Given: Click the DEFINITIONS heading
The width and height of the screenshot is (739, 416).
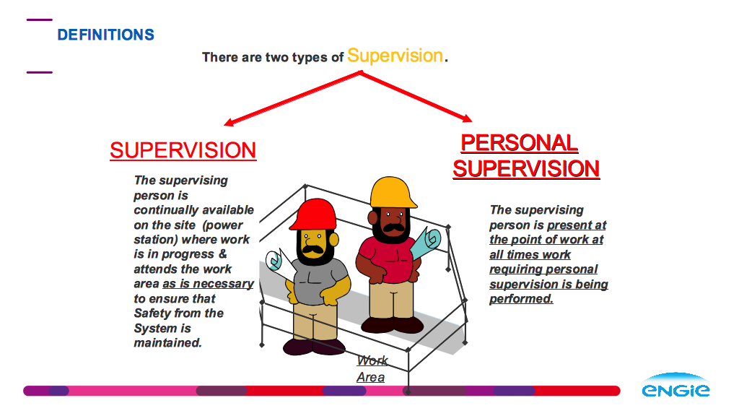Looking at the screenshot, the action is pos(105,35).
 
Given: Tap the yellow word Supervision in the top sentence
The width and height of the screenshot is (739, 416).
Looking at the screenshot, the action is pos(395,56).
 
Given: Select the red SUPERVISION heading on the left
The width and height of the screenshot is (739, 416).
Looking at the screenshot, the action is pos(183,150).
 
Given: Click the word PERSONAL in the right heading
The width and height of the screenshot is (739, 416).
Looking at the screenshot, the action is pos(520,143).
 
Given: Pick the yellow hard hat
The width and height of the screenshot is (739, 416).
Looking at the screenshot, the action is pos(393,192).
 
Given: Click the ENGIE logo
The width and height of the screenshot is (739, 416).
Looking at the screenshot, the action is pos(675,386).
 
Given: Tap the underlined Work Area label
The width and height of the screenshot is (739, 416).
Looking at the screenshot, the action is pos(372,369).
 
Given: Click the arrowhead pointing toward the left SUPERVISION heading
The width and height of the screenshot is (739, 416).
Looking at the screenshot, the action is pos(229,122).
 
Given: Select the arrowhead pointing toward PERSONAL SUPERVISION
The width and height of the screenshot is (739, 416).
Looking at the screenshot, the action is pos(467,118).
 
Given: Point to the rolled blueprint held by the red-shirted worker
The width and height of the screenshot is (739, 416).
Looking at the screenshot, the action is pos(425,243).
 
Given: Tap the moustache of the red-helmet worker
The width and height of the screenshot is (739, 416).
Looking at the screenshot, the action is pos(313,249).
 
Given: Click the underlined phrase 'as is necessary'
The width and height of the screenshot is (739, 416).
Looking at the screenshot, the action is pos(208,284).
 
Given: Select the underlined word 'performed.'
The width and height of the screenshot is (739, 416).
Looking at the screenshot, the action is pos(521,299).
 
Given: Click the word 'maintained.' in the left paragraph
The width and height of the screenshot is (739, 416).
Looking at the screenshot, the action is pos(167,343).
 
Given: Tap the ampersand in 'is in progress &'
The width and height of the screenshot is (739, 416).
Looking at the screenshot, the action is pos(223,253).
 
